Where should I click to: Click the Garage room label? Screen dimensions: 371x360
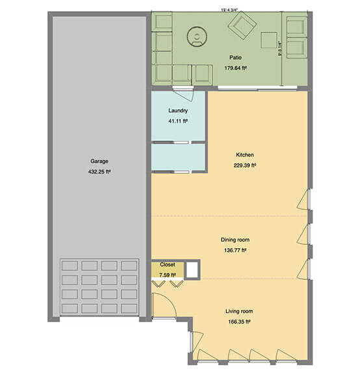[x=99, y=161]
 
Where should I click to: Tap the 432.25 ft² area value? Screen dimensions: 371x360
[x=99, y=172]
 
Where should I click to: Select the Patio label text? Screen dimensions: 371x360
[x=227, y=57]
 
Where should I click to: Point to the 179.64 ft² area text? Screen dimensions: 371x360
[x=227, y=68]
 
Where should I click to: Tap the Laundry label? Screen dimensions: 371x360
[x=177, y=110]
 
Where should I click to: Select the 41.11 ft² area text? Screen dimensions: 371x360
[x=177, y=121]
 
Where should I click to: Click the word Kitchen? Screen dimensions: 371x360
[x=244, y=155]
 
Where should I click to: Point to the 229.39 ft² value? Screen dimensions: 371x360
[x=244, y=166]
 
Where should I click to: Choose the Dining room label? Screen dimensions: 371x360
[x=234, y=239]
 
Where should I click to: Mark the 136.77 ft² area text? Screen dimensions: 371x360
[x=234, y=250]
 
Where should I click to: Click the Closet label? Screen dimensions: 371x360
[x=168, y=265]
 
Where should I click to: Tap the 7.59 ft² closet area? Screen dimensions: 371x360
[x=168, y=274]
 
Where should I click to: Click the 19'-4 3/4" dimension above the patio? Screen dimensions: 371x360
[x=229, y=9]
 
